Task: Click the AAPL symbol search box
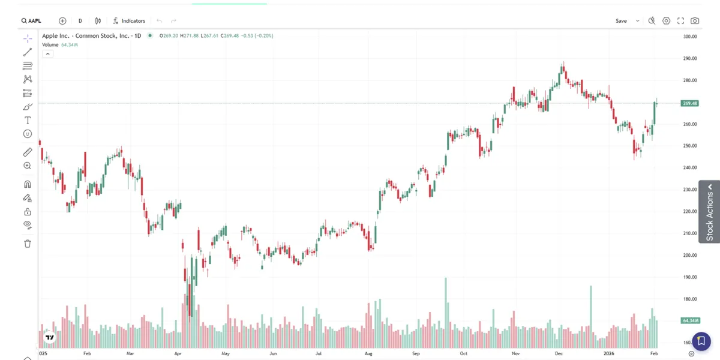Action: point(32,20)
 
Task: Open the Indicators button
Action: point(129,20)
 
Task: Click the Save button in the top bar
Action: point(621,20)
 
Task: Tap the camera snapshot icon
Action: point(695,20)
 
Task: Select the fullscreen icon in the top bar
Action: point(680,20)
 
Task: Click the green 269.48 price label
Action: point(689,103)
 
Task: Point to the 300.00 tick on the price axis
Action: point(689,37)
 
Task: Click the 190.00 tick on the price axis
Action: point(689,277)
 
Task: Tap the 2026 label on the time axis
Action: point(609,354)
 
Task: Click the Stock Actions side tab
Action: point(709,212)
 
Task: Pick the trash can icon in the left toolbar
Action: point(28,244)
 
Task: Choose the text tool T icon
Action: point(28,120)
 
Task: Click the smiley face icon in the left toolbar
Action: point(28,134)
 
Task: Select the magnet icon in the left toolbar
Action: point(28,184)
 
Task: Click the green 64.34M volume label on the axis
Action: point(689,320)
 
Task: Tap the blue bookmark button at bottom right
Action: point(701,341)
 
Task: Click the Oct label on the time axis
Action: point(464,354)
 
